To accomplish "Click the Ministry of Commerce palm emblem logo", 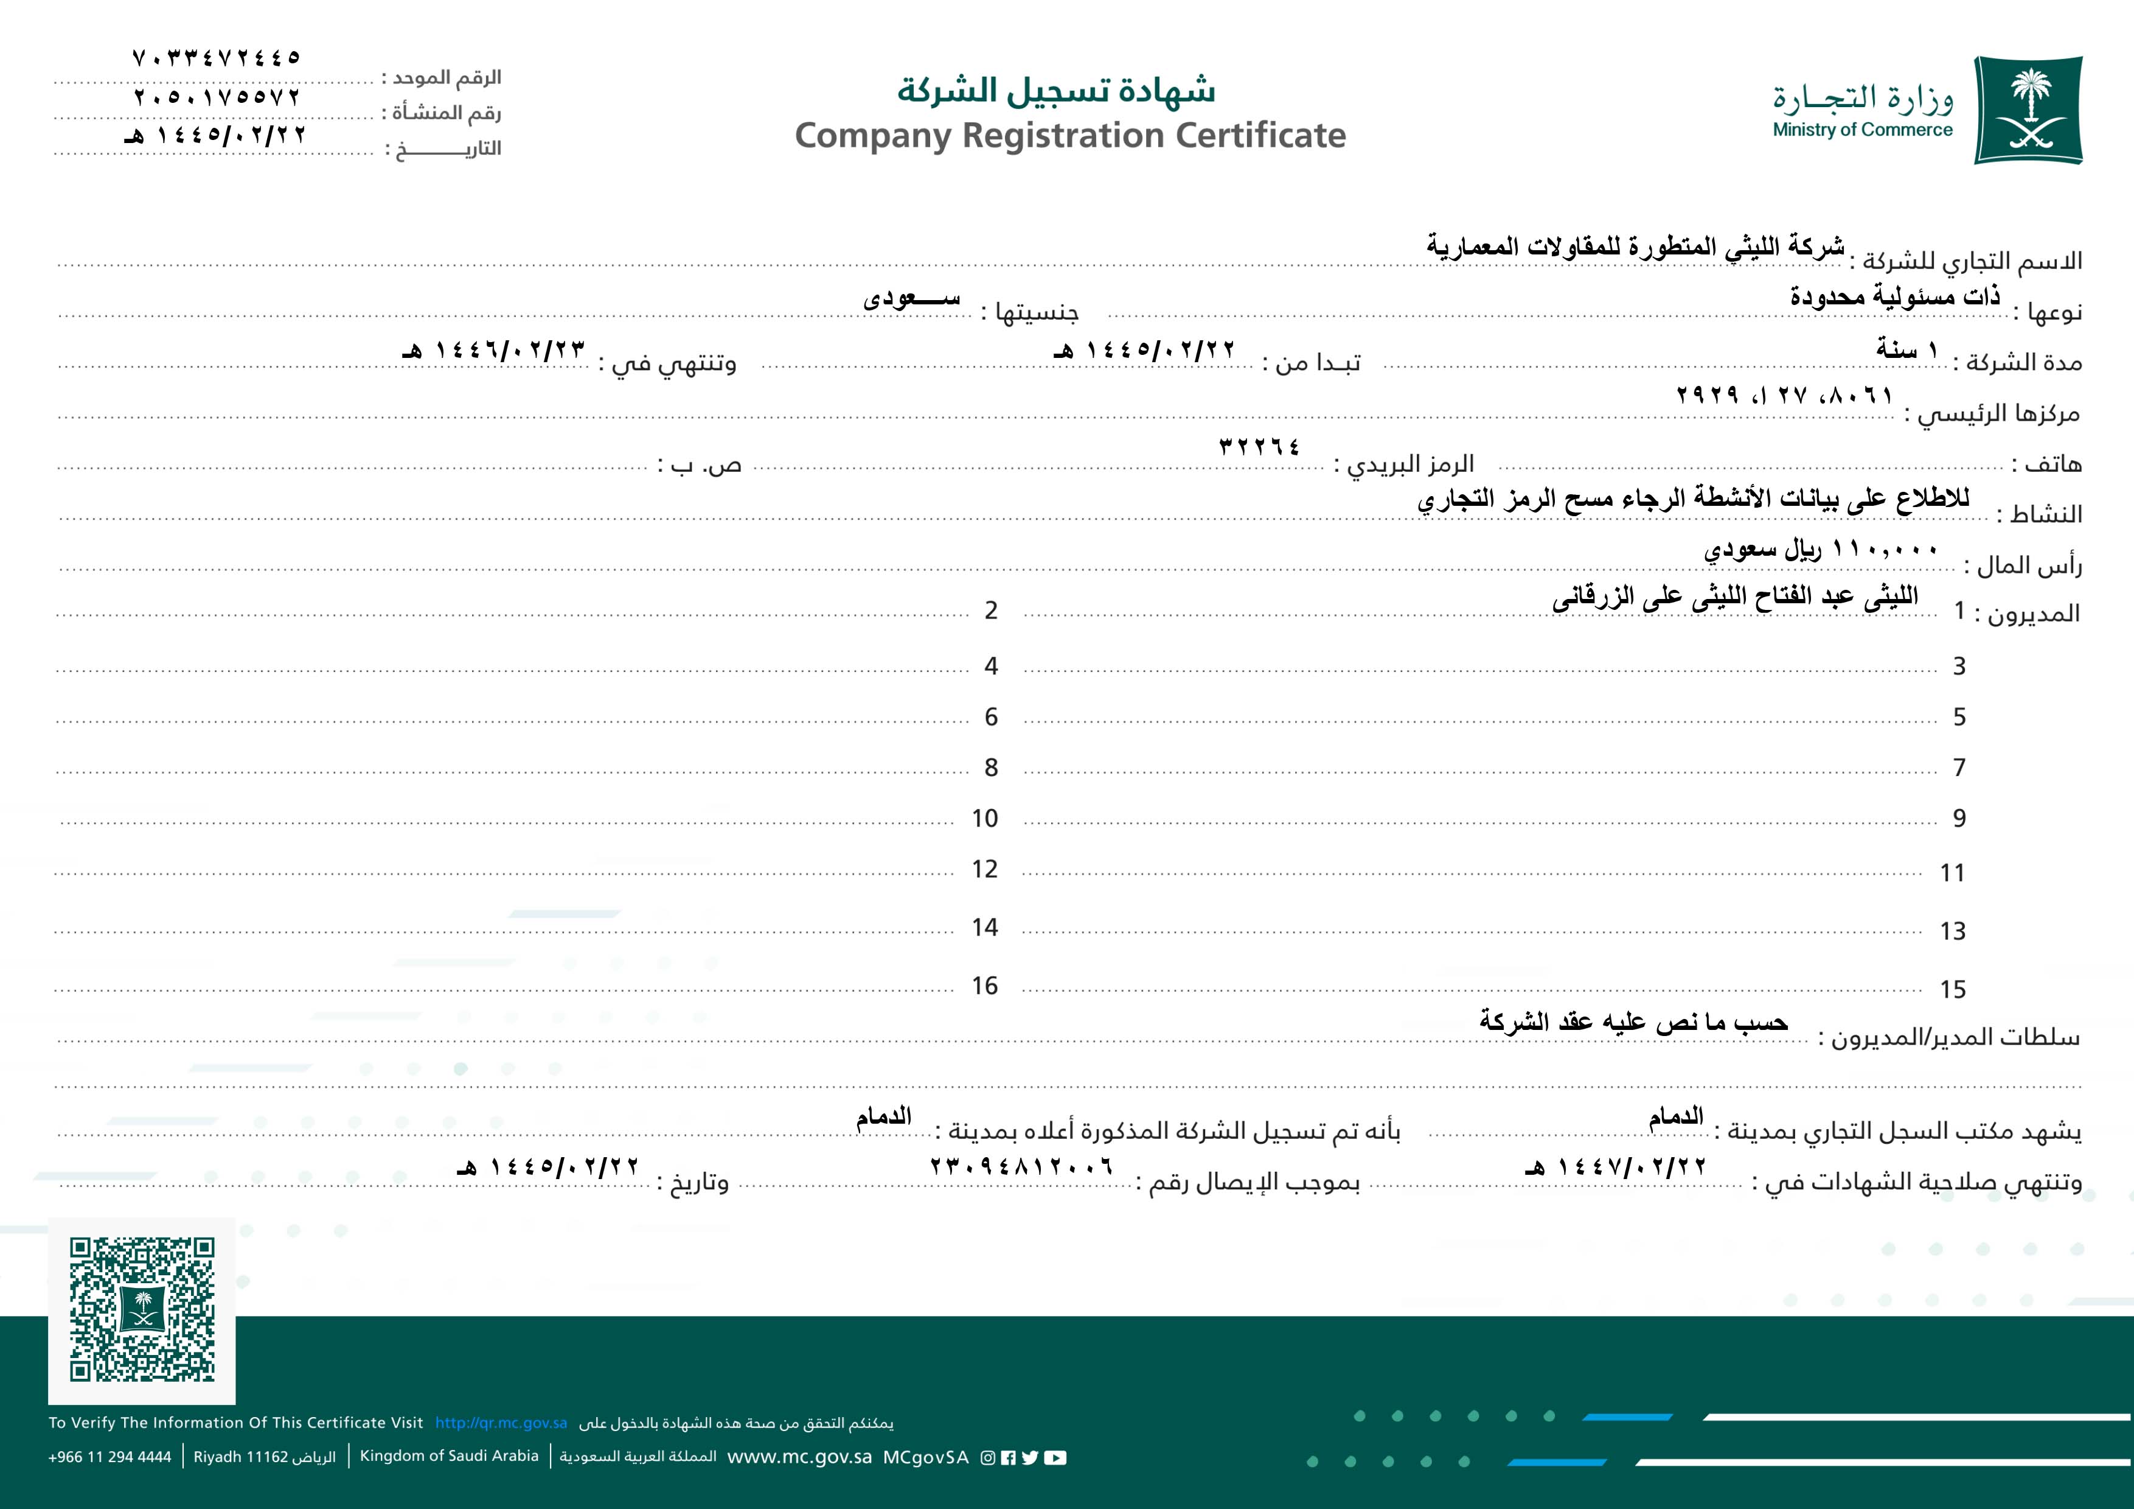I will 2028,110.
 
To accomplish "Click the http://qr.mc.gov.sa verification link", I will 501,1423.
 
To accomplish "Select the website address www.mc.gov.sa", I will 799,1457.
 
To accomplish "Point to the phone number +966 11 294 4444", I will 109,1457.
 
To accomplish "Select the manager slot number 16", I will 984,986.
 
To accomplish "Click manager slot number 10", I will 984,818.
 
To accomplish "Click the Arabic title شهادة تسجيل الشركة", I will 1056,90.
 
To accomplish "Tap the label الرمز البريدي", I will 1411,464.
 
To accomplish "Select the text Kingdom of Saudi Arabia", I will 449,1456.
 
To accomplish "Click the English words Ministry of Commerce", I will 1863,130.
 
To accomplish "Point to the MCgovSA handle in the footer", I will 926,1457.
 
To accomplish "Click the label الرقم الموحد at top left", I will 446,77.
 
